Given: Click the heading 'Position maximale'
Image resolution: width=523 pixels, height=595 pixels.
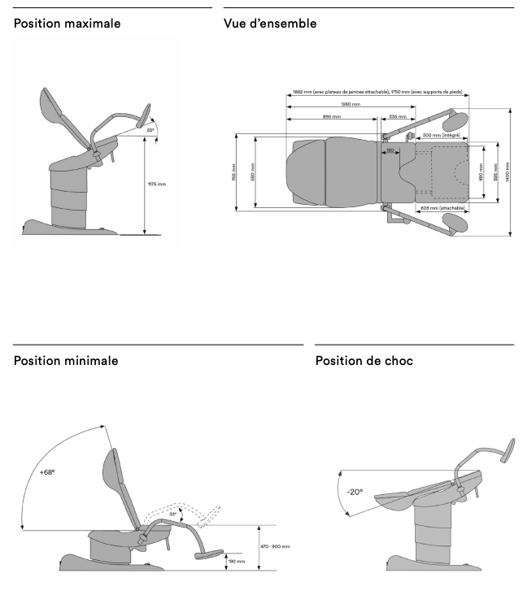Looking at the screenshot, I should click(68, 24).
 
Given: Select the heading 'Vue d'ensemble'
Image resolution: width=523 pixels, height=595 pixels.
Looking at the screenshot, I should click(270, 24).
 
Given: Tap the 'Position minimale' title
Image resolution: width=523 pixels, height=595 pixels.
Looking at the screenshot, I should click(66, 360).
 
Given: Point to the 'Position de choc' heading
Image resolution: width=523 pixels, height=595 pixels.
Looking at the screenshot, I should click(364, 360).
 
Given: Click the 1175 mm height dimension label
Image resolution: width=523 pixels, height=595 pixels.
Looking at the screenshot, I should click(156, 185).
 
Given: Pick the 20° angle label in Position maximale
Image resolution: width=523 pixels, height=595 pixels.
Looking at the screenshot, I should click(150, 128).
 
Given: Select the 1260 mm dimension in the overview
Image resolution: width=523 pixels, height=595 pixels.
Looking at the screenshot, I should click(351, 104).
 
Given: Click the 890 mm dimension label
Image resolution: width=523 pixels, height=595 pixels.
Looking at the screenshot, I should click(331, 117).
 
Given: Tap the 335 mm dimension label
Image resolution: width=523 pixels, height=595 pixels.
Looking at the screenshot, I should click(398, 117).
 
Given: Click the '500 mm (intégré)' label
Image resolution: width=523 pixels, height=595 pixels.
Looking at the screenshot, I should click(441, 135).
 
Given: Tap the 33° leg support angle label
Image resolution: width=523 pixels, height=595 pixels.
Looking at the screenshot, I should click(172, 514).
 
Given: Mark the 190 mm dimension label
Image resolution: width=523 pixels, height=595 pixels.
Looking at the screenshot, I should click(236, 561).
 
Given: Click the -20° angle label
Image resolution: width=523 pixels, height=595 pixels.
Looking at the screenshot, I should click(355, 492).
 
